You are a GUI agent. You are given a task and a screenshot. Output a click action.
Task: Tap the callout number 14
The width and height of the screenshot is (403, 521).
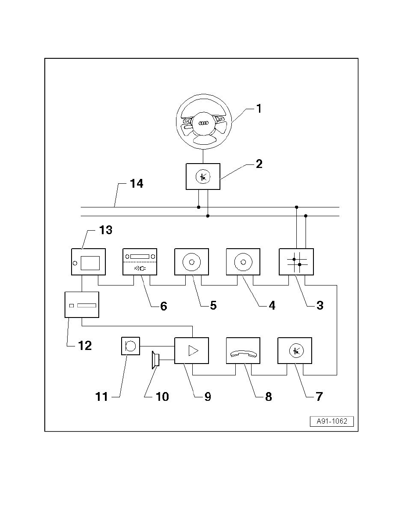[137, 183]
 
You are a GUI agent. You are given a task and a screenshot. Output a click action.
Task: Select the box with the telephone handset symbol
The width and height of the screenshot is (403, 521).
[243, 350]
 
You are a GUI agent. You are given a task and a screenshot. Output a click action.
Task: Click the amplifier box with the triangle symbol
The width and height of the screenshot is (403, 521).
[191, 350]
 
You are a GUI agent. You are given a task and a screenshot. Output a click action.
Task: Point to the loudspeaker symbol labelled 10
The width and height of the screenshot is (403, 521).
[155, 360]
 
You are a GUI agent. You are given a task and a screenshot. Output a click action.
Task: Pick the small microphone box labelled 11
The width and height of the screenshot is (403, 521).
[130, 346]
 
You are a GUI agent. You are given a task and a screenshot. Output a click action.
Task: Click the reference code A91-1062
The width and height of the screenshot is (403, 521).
[332, 421]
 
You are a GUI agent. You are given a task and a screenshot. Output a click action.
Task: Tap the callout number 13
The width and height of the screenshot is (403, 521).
[106, 231]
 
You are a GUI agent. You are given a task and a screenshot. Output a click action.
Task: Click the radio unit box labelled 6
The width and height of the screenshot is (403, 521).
[140, 262]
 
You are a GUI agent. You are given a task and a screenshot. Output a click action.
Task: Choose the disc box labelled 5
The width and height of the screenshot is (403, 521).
[191, 262]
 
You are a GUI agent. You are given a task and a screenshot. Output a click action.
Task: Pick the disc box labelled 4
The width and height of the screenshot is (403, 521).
[243, 262]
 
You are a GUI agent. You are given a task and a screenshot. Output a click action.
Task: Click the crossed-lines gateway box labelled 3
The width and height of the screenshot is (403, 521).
[296, 262]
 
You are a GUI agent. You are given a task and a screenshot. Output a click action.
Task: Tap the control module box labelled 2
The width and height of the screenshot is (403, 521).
[203, 177]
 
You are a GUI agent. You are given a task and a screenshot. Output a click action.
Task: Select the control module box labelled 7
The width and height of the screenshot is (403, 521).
[295, 350]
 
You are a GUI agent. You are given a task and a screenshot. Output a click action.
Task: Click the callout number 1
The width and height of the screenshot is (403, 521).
[259, 109]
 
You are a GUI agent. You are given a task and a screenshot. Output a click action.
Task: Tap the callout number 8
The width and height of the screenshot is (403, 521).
[268, 396]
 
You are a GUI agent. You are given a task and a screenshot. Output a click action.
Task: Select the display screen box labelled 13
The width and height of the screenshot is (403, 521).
[89, 262]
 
